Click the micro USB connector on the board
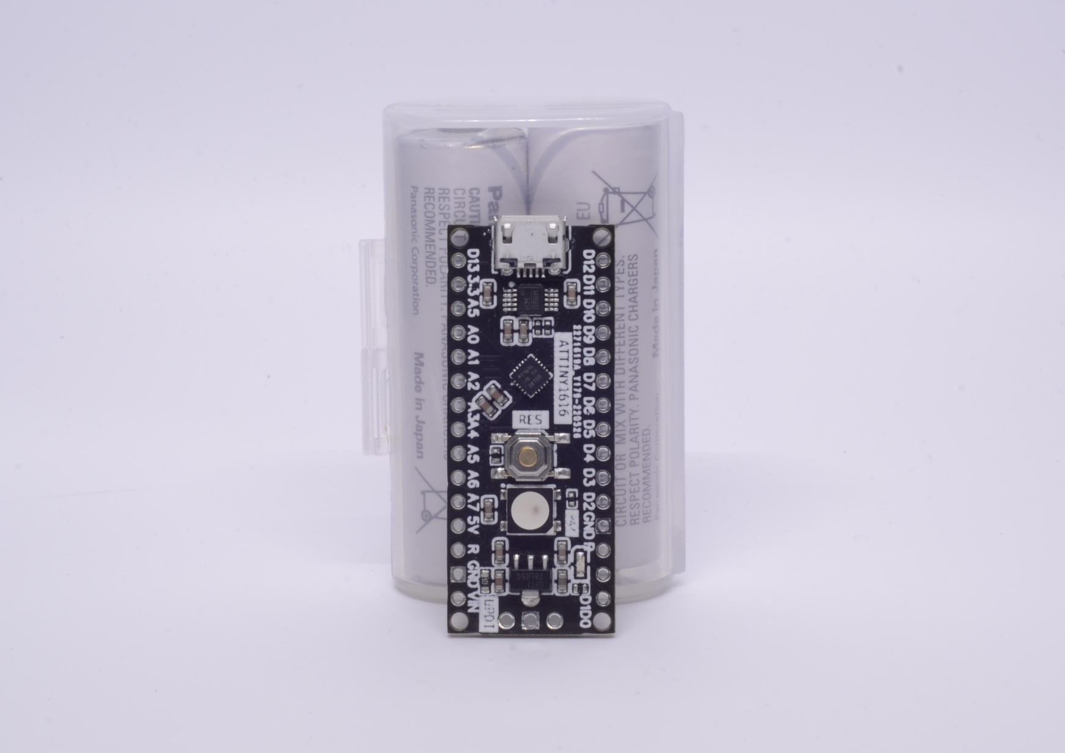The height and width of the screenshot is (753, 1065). pyautogui.click(x=529, y=244)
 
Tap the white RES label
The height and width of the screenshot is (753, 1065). pyautogui.click(x=529, y=419)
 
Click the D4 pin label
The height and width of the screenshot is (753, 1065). pyautogui.click(x=589, y=454)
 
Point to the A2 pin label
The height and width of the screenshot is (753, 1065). pyautogui.click(x=472, y=383)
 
